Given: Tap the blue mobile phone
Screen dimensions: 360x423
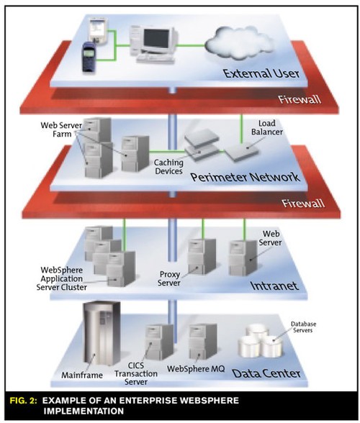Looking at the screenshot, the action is (89, 57).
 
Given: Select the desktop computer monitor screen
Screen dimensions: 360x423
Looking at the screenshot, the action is (156, 39).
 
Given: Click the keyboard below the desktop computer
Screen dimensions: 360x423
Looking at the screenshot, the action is (156, 58).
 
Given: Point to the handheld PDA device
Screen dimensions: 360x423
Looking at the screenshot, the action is (99, 30).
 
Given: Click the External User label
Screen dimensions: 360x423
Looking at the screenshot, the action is (261, 73).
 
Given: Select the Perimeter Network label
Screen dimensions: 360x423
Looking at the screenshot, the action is (246, 177).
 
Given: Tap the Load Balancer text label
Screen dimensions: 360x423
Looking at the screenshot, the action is (267, 127).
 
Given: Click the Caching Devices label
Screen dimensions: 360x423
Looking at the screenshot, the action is (168, 167).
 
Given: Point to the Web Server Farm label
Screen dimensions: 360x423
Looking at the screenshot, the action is (61, 129).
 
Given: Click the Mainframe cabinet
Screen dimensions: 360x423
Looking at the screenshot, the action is (102, 333).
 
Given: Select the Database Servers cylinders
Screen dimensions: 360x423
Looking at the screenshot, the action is (261, 340).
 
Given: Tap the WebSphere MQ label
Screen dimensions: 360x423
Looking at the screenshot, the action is (196, 369).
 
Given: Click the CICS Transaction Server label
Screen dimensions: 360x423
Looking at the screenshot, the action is (136, 373).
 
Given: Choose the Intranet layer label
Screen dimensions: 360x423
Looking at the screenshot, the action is (274, 286).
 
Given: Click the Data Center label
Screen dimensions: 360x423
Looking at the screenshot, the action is (266, 373).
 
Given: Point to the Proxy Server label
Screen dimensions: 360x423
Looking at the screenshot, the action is (168, 278).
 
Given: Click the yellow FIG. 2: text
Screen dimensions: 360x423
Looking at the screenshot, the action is (24, 401).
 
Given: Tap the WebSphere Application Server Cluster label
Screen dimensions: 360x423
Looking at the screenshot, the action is (62, 278).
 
